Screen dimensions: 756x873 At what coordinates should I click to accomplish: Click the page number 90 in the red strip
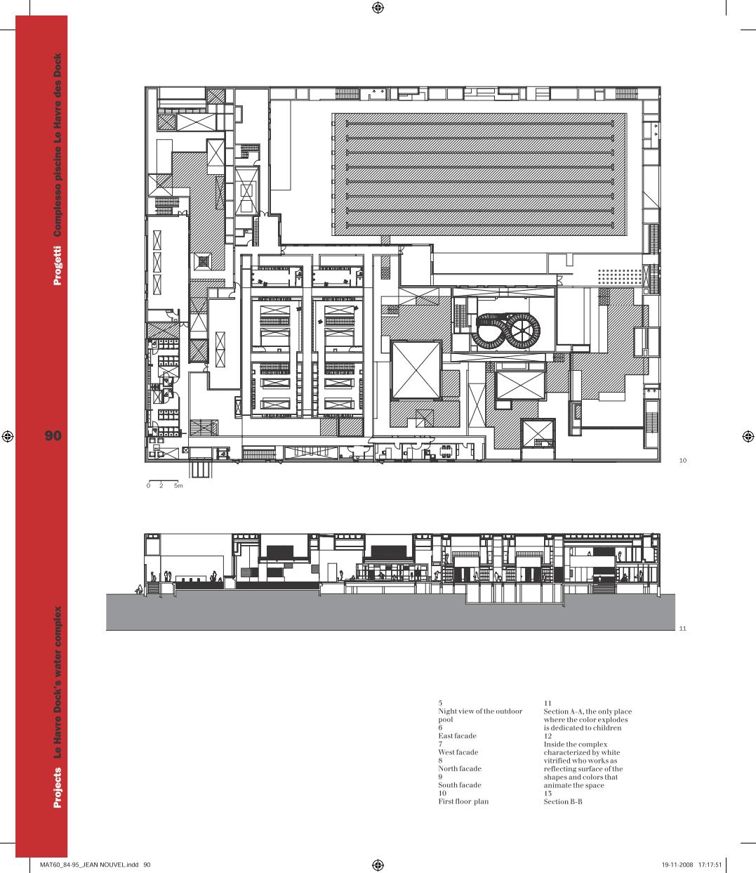(x=53, y=435)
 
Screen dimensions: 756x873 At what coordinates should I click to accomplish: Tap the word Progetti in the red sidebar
(x=58, y=265)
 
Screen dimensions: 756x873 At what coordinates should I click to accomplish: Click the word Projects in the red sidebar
(x=58, y=787)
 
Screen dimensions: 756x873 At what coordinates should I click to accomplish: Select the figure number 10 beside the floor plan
(x=682, y=460)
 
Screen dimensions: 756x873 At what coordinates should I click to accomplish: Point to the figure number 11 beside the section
(x=682, y=629)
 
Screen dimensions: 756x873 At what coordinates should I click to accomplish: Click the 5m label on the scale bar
(x=178, y=486)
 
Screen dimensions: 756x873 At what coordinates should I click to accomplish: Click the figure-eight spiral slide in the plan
(x=505, y=331)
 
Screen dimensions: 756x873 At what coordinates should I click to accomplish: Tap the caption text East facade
(x=457, y=736)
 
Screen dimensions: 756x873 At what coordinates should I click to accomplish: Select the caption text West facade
(x=458, y=752)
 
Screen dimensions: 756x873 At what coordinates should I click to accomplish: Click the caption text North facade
(x=460, y=768)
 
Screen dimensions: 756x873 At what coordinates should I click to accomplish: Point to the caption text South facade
(x=460, y=785)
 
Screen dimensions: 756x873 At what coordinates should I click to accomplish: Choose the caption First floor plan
(x=463, y=801)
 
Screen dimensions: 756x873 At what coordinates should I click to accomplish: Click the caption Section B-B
(x=563, y=801)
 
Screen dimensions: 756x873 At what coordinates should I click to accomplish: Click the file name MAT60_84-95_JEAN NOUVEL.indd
(x=89, y=865)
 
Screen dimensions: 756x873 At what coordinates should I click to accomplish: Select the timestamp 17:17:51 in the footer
(x=710, y=865)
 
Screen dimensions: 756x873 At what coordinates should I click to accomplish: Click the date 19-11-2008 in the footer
(x=677, y=865)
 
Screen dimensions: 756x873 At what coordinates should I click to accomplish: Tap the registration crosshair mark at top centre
(x=378, y=8)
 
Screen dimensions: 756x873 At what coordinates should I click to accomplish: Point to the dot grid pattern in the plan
(x=619, y=277)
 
